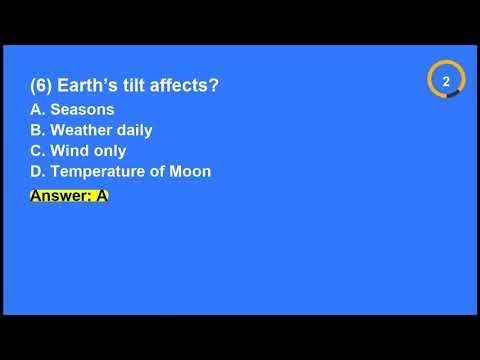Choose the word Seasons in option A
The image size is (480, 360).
pos(83,109)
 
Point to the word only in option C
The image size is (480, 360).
pos(107,151)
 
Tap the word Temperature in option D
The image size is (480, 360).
pos(98,171)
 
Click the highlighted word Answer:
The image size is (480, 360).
pos(61,196)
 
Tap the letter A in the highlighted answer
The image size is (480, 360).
pos(101,196)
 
